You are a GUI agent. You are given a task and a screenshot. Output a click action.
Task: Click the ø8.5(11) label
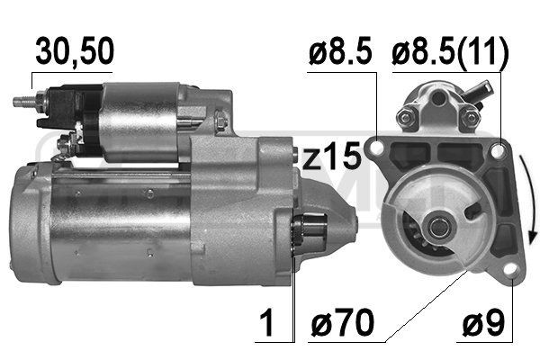coord(450,53)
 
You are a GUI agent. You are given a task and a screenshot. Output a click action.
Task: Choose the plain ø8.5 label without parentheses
coord(339,53)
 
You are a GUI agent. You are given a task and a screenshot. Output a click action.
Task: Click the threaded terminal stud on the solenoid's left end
coord(22,101)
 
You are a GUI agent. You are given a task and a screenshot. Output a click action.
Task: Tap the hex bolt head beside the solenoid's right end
coord(219,119)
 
